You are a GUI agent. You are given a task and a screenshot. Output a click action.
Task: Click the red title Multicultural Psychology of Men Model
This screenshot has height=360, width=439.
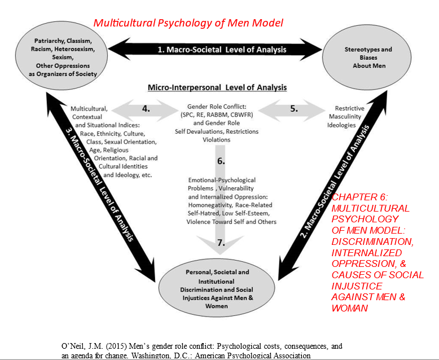coord(188,23)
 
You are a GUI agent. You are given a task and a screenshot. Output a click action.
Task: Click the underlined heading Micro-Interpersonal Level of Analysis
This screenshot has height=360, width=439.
coord(217,87)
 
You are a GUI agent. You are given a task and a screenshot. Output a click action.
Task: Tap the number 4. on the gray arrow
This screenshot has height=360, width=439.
coord(146,109)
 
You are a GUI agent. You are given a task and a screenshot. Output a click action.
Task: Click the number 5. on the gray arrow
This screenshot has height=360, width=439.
coord(294,109)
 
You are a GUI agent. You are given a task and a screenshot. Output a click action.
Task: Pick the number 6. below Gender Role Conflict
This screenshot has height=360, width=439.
coord(221,161)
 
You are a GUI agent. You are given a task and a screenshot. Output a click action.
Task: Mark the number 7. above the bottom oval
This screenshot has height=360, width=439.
coord(221,243)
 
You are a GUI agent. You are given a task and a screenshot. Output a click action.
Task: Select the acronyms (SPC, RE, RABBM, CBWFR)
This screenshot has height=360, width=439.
coord(217,115)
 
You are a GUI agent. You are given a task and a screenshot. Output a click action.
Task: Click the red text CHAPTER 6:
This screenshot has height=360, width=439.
coord(359,197)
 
